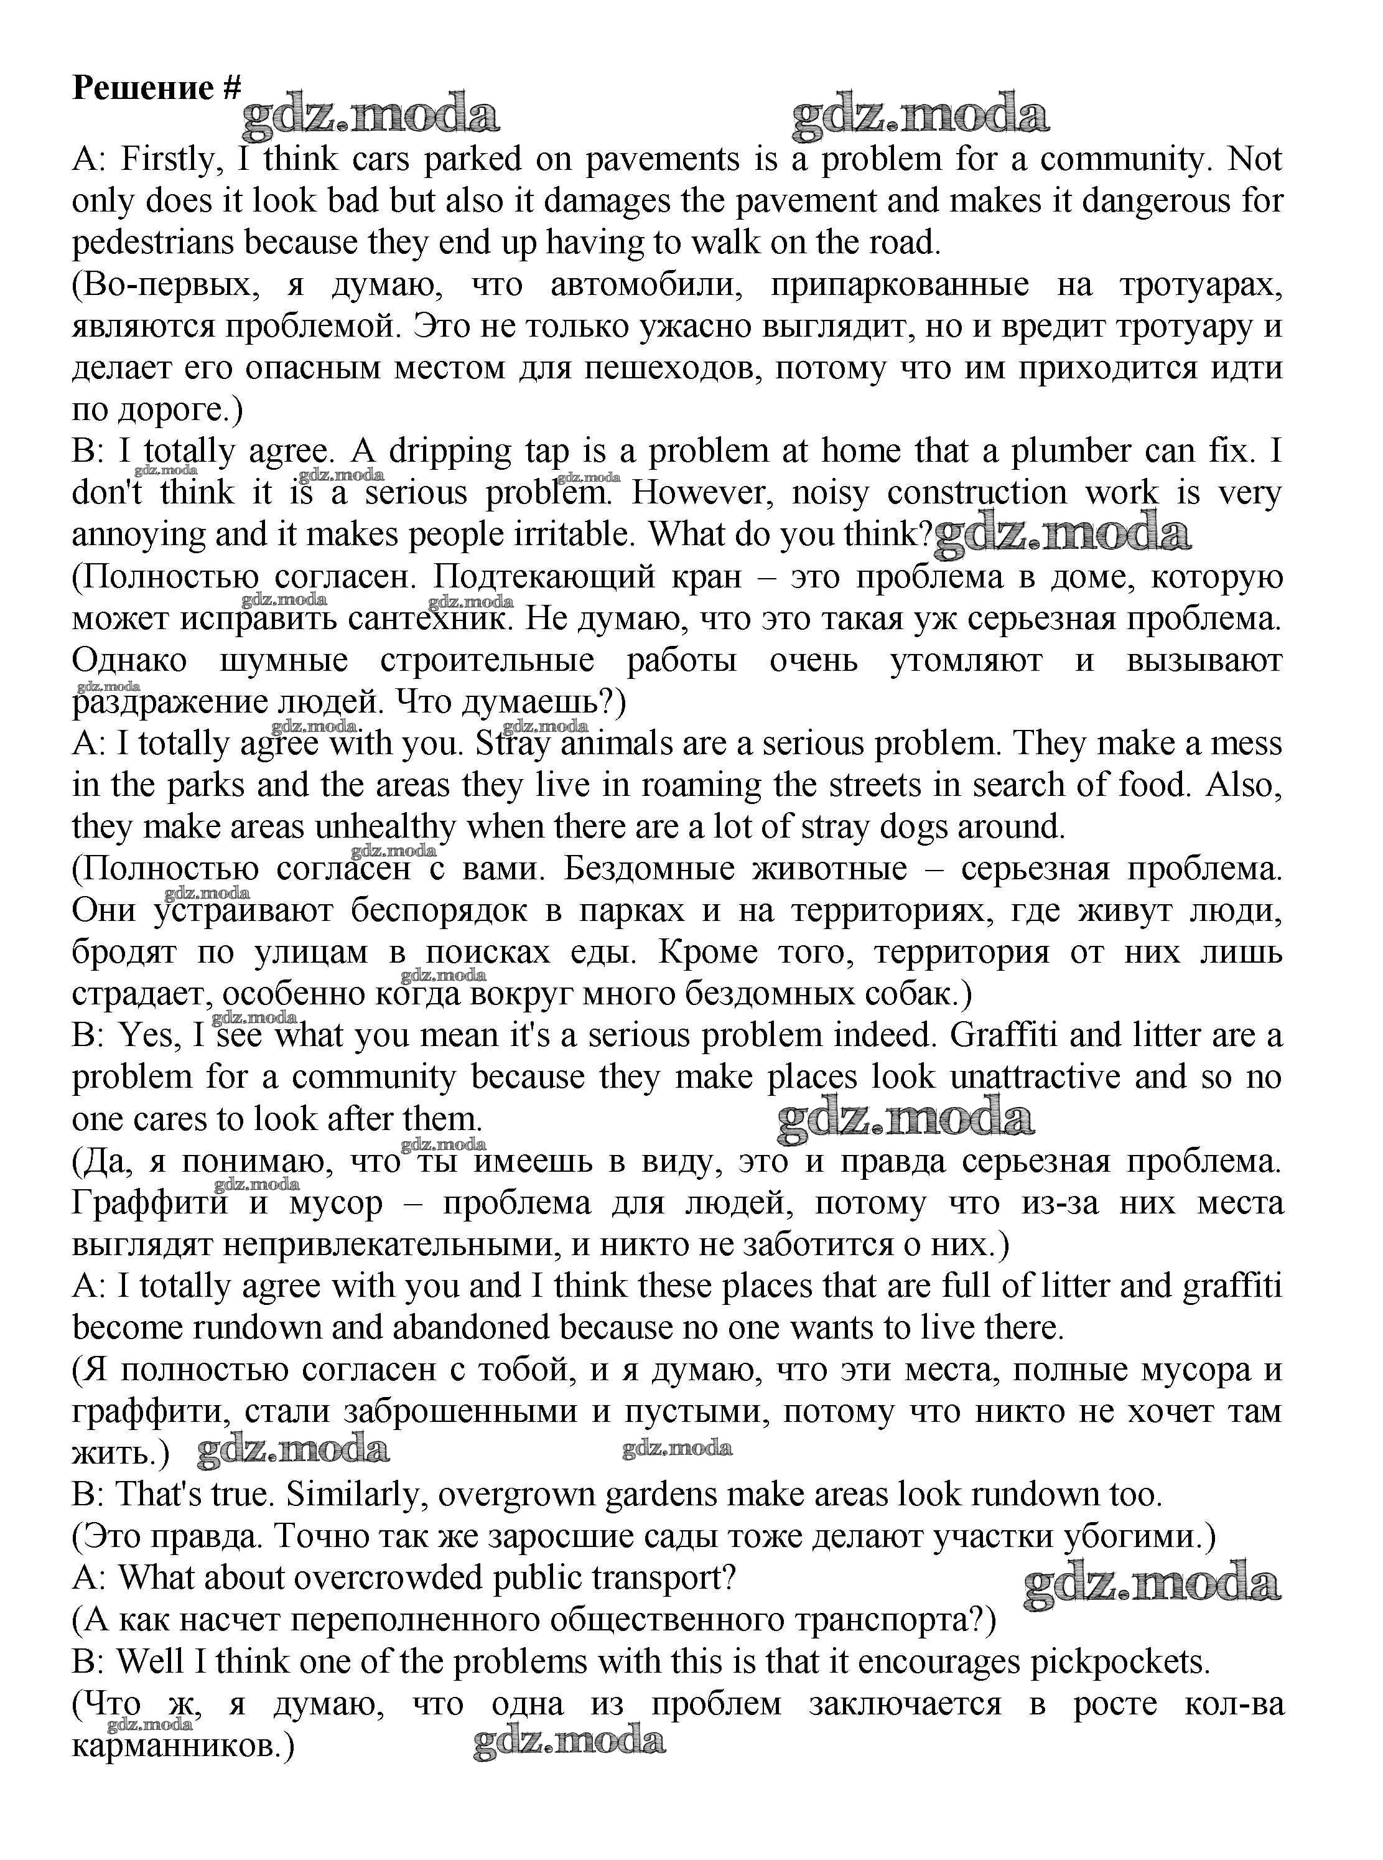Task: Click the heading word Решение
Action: (143, 87)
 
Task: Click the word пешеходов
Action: (673, 368)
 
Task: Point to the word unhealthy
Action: (385, 828)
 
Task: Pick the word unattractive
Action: (1035, 1078)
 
